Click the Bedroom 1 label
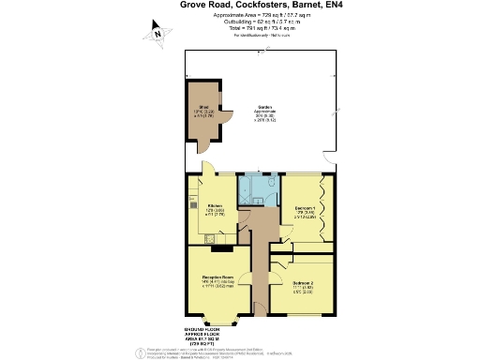click(x=305, y=207)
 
